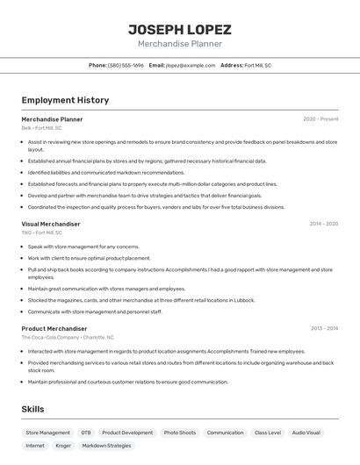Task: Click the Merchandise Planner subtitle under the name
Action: pyautogui.click(x=179, y=44)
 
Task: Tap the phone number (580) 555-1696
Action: pyautogui.click(x=126, y=65)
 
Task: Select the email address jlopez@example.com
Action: pyautogui.click(x=191, y=65)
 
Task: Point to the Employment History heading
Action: pyautogui.click(x=65, y=100)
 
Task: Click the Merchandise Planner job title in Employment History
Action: pyautogui.click(x=52, y=118)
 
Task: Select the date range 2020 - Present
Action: pyautogui.click(x=320, y=118)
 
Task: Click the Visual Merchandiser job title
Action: pyautogui.click(x=51, y=224)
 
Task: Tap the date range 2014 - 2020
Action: pyautogui.click(x=323, y=224)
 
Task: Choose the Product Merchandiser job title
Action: pyautogui.click(x=54, y=328)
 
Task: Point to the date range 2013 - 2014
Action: pyautogui.click(x=324, y=328)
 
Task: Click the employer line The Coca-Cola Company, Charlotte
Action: pyautogui.click(x=68, y=337)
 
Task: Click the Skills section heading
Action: pyautogui.click(x=32, y=409)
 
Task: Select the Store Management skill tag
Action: pyautogui.click(x=47, y=433)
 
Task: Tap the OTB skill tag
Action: pyautogui.click(x=86, y=433)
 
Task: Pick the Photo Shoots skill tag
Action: pyautogui.click(x=180, y=433)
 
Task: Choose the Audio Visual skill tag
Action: pyautogui.click(x=306, y=433)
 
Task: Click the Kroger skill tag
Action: pyautogui.click(x=63, y=446)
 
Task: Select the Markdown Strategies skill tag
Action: pyautogui.click(x=106, y=446)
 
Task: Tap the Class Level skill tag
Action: pyautogui.click(x=268, y=433)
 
